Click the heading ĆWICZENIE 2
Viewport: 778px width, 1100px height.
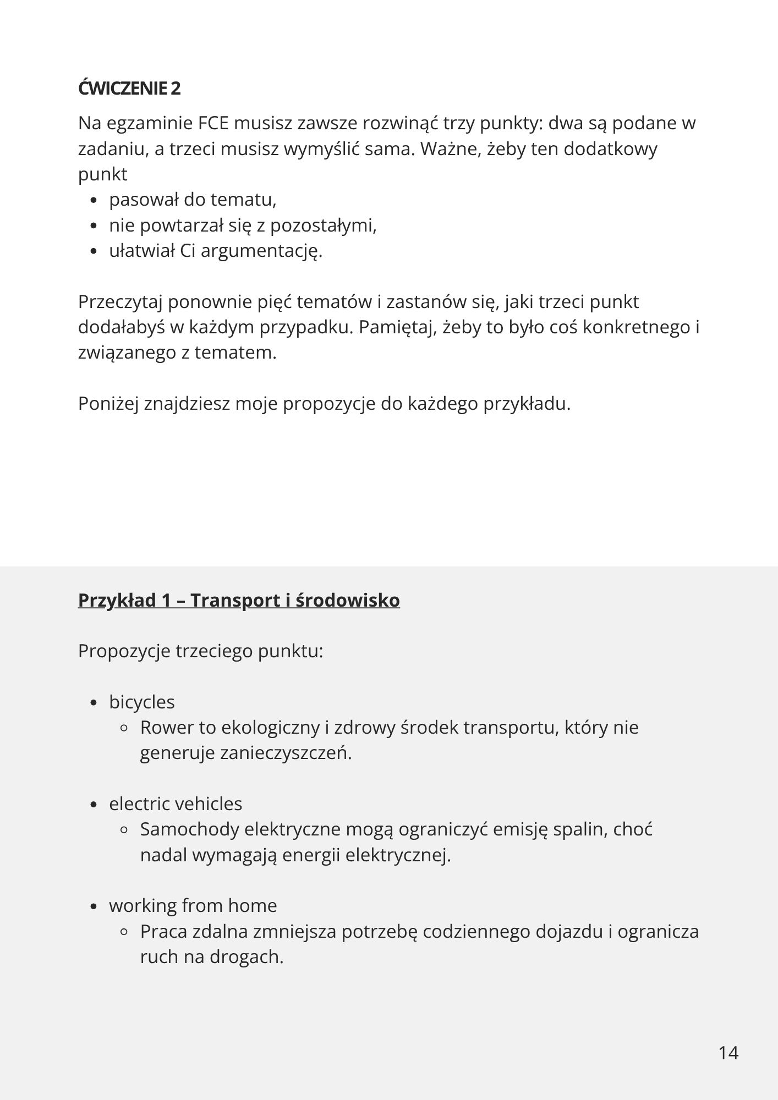129,88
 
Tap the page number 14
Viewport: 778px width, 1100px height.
728,1053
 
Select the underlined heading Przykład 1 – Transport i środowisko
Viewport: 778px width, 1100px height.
239,600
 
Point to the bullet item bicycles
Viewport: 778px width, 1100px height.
142,702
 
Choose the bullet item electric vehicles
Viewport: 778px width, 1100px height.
176,804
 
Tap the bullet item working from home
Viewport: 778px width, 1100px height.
193,905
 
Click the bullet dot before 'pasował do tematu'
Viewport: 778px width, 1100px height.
94,201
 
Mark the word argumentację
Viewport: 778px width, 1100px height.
261,251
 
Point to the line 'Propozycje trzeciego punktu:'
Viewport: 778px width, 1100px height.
200,651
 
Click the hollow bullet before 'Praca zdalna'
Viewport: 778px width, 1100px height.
124,932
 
